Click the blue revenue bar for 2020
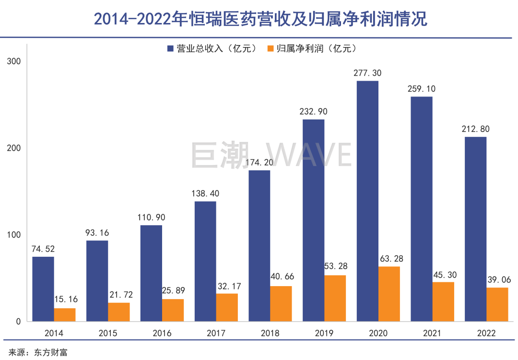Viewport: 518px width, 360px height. point(367,201)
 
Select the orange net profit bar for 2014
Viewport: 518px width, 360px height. point(65,315)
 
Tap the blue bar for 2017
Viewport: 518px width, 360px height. point(205,261)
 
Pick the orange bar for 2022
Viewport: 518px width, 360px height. point(497,304)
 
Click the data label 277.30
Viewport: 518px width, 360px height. point(367,73)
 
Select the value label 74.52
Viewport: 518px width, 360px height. point(43,249)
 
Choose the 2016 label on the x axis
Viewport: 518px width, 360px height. point(162,333)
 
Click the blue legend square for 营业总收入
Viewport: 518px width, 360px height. point(170,48)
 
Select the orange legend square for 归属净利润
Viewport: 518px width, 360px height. point(271,48)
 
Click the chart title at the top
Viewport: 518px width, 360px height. point(259,19)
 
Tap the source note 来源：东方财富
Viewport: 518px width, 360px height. point(38,352)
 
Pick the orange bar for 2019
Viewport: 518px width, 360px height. point(335,298)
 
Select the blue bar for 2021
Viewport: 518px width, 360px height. point(422,209)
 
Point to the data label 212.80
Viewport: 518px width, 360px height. point(475,129)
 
